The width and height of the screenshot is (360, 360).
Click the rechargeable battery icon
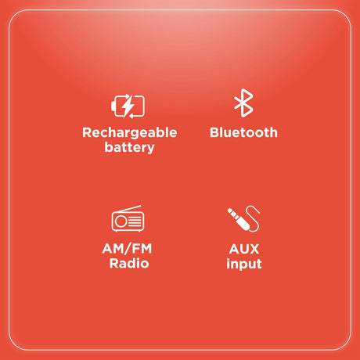(129, 105)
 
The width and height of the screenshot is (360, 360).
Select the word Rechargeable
(129, 132)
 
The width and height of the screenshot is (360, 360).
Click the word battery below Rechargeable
(129, 147)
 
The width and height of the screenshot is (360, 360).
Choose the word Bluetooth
(243, 132)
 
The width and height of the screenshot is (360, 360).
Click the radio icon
(128, 220)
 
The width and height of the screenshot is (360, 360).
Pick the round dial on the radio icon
(121, 222)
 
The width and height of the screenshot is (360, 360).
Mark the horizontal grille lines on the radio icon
(135, 222)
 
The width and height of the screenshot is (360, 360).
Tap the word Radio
(128, 264)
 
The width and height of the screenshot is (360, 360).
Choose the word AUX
(243, 249)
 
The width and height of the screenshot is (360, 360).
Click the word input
(243, 265)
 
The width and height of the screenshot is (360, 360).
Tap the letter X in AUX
(255, 249)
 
